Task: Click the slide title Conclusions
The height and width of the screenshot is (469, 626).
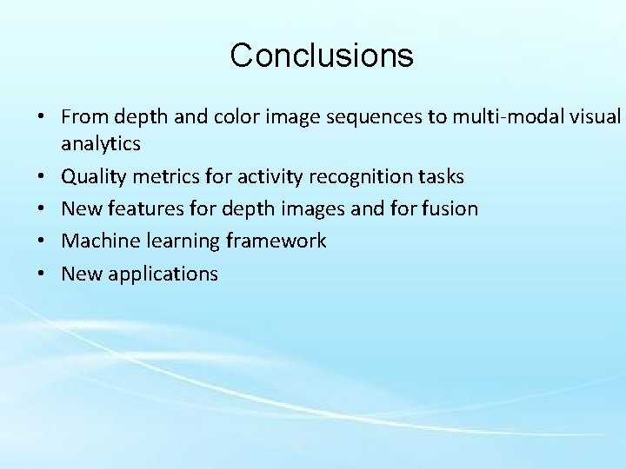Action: coord(322,56)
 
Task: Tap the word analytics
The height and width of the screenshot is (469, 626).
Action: coord(101,144)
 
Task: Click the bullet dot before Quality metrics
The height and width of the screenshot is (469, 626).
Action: coord(42,177)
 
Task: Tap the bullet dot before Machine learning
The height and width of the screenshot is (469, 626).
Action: coord(42,241)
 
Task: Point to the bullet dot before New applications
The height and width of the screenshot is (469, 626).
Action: coord(42,274)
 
